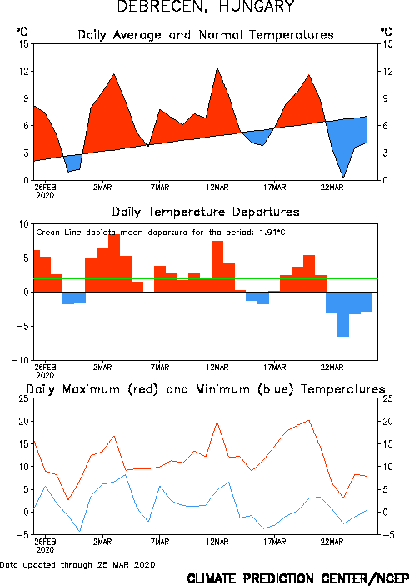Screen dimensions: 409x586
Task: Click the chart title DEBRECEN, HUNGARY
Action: click(x=206, y=7)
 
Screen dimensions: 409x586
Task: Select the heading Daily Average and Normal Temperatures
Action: click(x=206, y=35)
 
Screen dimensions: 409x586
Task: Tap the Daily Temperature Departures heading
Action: click(x=206, y=212)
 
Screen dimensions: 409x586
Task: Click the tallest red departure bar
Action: click(x=114, y=263)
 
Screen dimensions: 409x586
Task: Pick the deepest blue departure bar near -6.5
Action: click(x=343, y=314)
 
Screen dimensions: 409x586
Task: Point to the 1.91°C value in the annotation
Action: click(x=272, y=233)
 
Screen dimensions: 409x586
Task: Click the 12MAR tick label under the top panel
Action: click(x=217, y=188)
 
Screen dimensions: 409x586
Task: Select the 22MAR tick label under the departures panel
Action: click(x=332, y=368)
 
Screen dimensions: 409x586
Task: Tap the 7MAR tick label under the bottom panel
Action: click(x=160, y=542)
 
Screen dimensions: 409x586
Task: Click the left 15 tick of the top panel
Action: click(x=24, y=44)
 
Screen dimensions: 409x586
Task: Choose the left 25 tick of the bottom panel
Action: click(x=24, y=398)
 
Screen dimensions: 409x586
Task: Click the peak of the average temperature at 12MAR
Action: click(x=217, y=68)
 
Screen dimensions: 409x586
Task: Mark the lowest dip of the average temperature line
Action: click(x=343, y=178)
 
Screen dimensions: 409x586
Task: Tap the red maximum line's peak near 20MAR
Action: click(x=308, y=420)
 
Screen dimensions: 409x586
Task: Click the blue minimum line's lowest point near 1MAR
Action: click(x=80, y=531)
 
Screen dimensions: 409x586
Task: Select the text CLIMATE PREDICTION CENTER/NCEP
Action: click(x=297, y=578)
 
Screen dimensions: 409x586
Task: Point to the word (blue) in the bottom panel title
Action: click(x=276, y=389)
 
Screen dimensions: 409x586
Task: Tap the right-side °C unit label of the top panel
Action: click(x=386, y=31)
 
